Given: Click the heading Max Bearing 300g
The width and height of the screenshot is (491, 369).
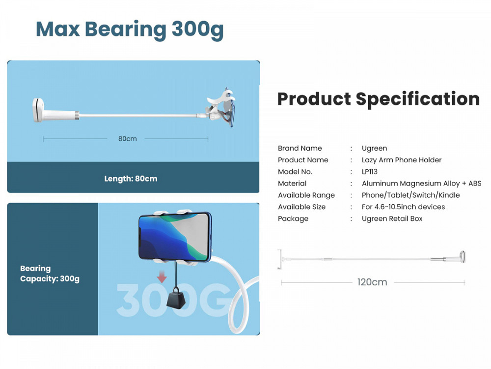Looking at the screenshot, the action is point(130,30).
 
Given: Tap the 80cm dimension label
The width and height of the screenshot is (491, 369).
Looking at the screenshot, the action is point(128,139).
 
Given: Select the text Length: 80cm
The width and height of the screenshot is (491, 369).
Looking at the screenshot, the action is point(131,179).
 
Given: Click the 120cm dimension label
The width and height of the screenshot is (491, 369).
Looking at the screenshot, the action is point(372,282).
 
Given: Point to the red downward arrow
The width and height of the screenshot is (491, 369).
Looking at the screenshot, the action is point(162,277).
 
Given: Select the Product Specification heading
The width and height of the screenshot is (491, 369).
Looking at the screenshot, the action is point(378,99).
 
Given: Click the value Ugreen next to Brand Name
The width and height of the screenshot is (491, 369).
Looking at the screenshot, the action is point(374,149).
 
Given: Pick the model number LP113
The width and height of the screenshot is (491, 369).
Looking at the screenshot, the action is point(370,172).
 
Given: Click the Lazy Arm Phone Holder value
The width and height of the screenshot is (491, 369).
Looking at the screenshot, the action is point(402,160).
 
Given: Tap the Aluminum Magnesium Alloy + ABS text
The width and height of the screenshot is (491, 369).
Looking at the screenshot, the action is point(421,184).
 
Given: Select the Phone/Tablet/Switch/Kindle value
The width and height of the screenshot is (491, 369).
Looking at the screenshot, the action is point(410,195).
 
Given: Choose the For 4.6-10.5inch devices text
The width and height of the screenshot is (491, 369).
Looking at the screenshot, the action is point(403,207).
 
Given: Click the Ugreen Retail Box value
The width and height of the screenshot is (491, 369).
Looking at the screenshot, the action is point(392,219).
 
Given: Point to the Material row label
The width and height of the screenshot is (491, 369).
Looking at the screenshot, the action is point(292,184).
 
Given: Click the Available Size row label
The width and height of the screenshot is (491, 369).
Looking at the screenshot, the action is point(301,207).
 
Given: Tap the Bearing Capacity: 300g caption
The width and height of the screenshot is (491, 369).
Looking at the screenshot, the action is point(50,274).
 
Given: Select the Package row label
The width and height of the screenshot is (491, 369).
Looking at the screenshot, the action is point(293,219).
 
